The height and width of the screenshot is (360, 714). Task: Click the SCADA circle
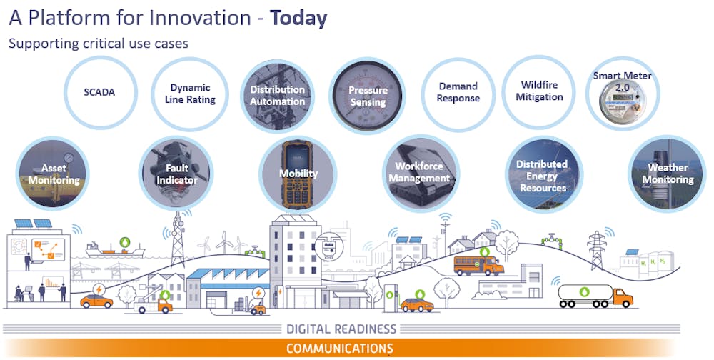tap(100, 93)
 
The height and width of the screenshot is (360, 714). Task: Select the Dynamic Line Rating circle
tap(190, 94)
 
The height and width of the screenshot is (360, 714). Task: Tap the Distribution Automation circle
tap(277, 96)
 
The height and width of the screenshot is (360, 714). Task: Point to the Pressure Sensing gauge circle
tap(367, 96)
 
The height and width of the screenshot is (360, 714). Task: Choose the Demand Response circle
tap(458, 94)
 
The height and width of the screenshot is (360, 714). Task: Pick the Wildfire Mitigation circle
tap(538, 93)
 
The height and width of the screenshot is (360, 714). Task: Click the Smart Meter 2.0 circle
tap(623, 94)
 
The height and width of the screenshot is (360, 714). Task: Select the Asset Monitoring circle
tap(53, 174)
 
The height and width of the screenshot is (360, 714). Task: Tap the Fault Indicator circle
tap(176, 174)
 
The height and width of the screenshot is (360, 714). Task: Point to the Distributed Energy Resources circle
tap(544, 174)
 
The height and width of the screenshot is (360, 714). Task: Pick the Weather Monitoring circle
tap(667, 174)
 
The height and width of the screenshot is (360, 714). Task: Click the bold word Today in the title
tap(298, 19)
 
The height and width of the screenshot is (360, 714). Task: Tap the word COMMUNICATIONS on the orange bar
tap(340, 349)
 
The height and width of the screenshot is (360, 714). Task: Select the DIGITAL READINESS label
tap(341, 329)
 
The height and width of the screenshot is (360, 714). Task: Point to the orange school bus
tap(478, 265)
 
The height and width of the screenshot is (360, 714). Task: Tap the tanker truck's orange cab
tap(622, 298)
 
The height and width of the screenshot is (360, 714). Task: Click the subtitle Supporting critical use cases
tap(99, 44)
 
